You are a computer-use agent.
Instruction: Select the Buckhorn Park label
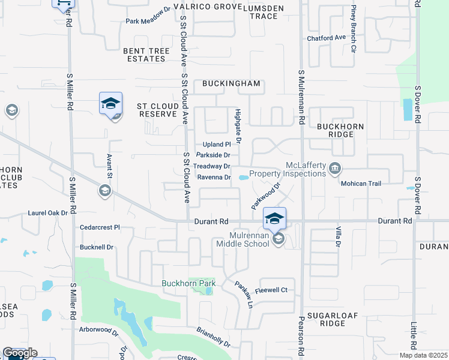pos(188,283)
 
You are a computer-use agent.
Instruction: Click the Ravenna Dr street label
pos(214,178)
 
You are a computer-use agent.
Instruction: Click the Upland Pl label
pos(217,145)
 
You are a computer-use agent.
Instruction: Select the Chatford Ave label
pos(327,38)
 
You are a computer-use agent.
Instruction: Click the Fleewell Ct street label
pos(271,290)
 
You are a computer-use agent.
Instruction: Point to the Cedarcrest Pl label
pos(100,227)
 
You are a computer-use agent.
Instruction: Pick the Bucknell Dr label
pos(97,247)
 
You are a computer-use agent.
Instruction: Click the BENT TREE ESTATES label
pos(144,55)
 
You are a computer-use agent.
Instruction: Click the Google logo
pos(19,353)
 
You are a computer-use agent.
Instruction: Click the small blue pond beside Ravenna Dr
pos(243,178)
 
